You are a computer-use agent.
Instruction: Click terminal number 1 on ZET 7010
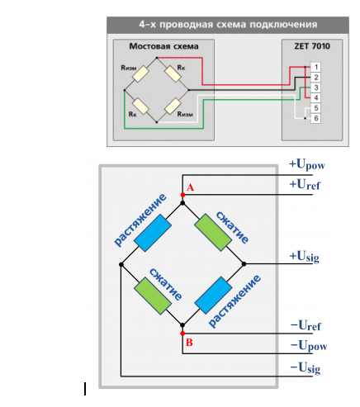(x=315, y=67)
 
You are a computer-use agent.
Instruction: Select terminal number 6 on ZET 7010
(x=315, y=118)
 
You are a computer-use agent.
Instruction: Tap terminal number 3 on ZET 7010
(x=315, y=88)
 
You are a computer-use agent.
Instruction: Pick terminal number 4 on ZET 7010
(x=315, y=97)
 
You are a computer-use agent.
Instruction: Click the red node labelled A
(x=182, y=195)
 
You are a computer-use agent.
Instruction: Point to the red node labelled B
(x=182, y=334)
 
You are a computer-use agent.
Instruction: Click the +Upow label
(x=307, y=165)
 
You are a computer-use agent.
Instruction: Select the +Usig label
(x=305, y=257)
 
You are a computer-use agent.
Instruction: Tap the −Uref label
(x=306, y=325)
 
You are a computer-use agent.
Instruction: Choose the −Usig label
(x=306, y=368)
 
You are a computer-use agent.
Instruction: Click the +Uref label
(x=305, y=184)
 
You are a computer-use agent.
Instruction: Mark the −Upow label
(x=309, y=346)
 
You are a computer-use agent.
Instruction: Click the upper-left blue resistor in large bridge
(x=153, y=234)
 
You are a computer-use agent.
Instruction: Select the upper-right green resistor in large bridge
(x=213, y=233)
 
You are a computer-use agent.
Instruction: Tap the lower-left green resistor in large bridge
(x=153, y=296)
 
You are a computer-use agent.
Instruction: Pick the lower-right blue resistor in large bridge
(x=213, y=296)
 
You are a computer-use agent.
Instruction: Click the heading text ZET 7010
(x=312, y=46)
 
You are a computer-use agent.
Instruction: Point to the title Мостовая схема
(x=163, y=46)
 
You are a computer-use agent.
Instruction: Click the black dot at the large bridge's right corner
(x=244, y=264)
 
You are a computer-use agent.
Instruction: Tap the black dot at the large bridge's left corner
(x=121, y=264)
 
